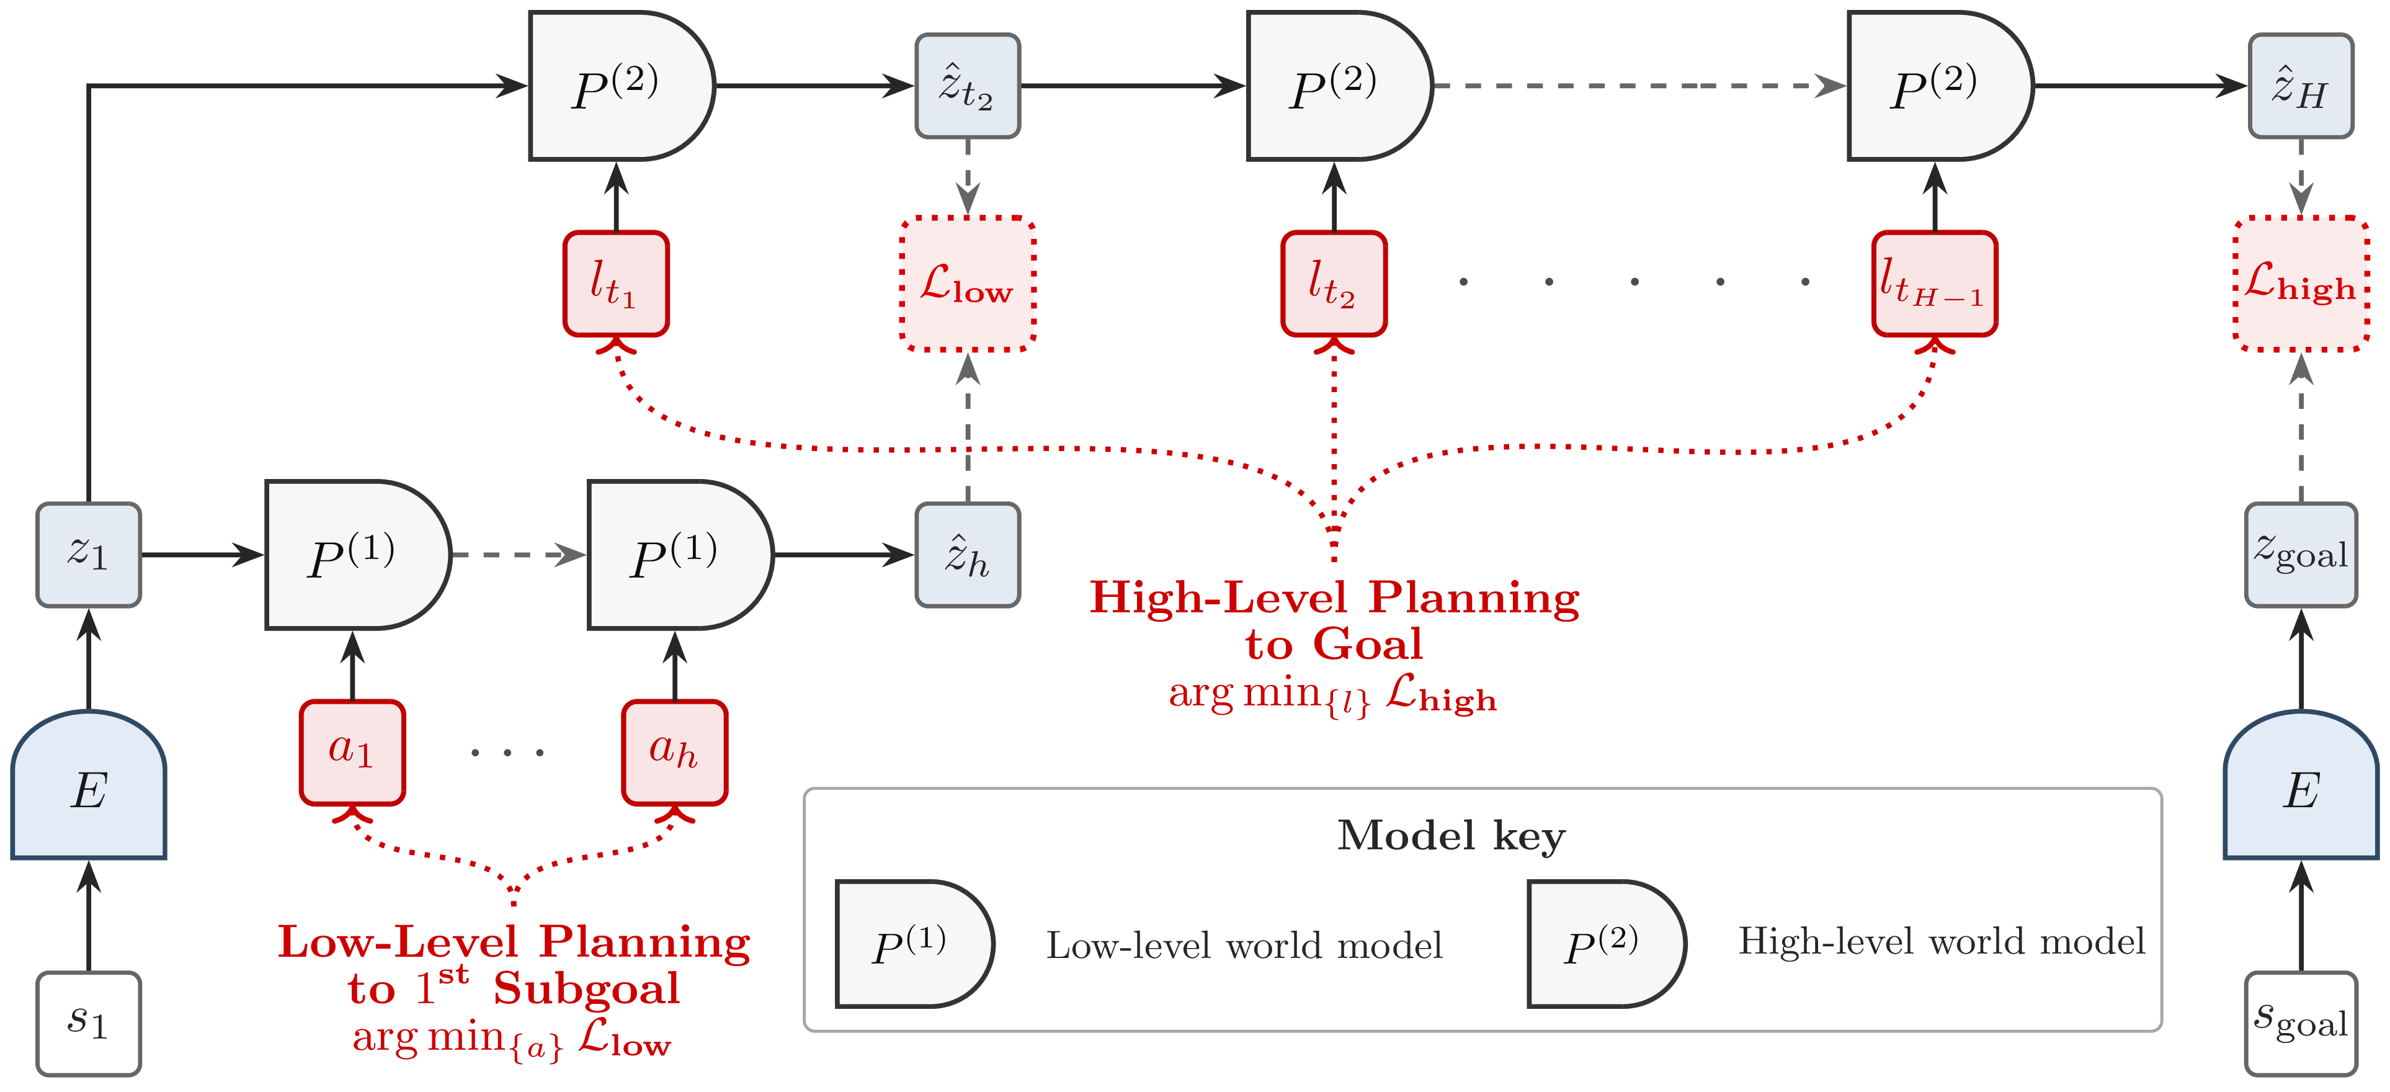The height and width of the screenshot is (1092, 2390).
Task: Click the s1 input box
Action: [88, 1023]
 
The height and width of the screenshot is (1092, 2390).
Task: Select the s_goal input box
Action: [2300, 1023]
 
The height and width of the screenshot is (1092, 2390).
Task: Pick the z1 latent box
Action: [88, 555]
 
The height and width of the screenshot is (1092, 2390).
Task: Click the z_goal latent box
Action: [2300, 555]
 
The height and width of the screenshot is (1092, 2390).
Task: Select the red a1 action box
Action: [352, 751]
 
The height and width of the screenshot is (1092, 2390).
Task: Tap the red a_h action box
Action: [674, 751]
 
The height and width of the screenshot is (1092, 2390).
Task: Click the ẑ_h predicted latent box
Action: [967, 555]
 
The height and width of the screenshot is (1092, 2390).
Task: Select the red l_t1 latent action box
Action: [615, 283]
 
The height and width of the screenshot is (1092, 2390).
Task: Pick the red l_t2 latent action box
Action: [1333, 283]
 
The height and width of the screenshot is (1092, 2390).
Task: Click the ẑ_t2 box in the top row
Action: [967, 86]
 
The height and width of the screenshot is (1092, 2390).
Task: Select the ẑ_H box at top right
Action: [2300, 86]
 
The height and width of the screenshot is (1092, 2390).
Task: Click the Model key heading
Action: [1450, 835]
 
